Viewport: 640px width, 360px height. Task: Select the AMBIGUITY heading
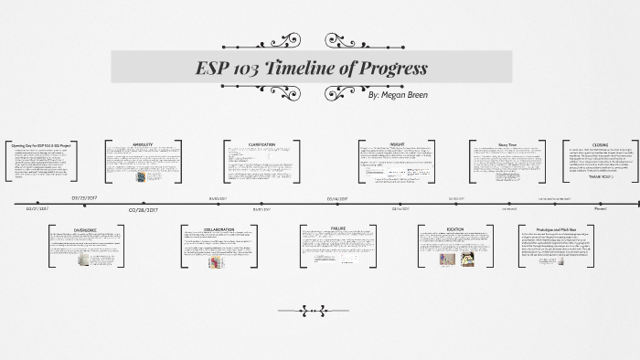pos(143,144)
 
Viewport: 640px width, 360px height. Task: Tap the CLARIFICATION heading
pos(261,144)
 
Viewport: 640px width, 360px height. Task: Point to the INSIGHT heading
pos(397,143)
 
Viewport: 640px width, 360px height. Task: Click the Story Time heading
pos(507,143)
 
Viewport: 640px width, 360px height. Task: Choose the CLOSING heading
pos(600,143)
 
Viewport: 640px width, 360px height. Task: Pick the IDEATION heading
pos(454,229)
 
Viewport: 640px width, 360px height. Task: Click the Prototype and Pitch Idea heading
pos(556,229)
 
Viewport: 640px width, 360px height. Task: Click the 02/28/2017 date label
pos(144,209)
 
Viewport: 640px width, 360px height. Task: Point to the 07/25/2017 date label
pos(90,196)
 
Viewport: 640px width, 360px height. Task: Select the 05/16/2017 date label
pos(339,196)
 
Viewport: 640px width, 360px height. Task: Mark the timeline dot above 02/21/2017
pos(37,203)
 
